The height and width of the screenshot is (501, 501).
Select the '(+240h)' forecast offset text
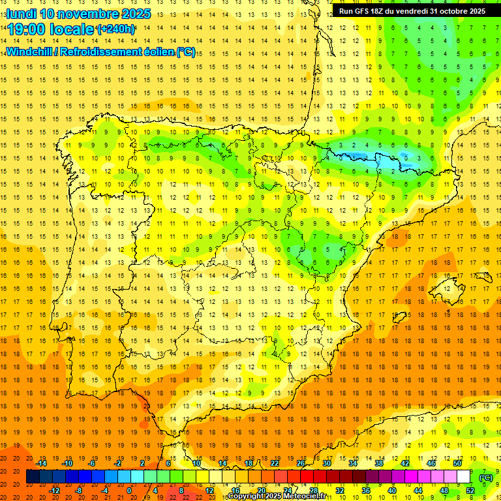coord(116,29)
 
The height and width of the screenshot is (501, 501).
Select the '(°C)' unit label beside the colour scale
coord(486,478)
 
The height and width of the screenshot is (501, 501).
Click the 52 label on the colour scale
coord(470,491)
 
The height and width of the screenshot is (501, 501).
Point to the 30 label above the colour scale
coord(326,463)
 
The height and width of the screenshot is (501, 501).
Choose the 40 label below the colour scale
coord(392,491)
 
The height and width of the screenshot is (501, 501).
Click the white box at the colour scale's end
coord(463,477)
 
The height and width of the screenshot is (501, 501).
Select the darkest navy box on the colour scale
coord(33,477)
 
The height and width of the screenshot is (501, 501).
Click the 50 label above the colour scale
coord(457,463)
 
